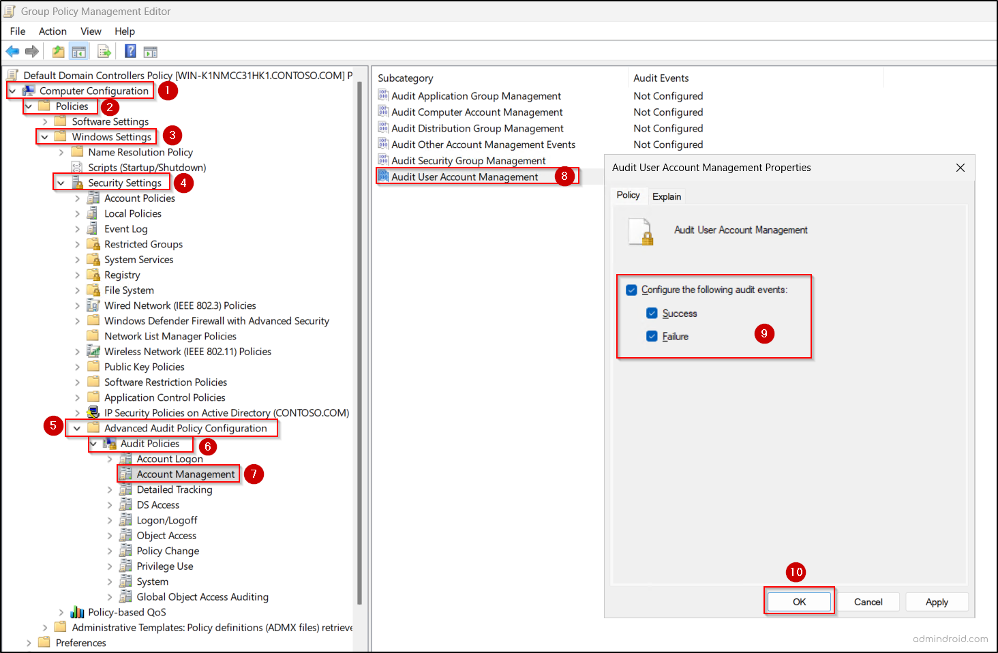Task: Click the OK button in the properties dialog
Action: point(799,602)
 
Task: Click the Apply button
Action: point(937,602)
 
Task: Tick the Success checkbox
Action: point(652,314)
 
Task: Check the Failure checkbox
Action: point(652,336)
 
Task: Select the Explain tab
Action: point(666,196)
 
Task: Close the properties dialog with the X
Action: point(960,168)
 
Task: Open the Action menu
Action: point(52,31)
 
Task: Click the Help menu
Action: point(125,31)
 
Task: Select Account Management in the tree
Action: point(185,474)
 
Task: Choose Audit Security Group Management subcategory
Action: point(468,161)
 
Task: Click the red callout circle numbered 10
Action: point(796,572)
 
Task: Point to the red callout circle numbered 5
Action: point(53,426)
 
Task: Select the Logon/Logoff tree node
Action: point(166,520)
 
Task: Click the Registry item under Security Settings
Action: point(122,275)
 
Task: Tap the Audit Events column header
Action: point(661,78)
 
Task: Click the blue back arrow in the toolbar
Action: point(12,52)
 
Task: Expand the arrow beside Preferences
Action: point(29,643)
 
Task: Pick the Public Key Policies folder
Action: point(144,367)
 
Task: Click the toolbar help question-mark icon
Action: point(130,52)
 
